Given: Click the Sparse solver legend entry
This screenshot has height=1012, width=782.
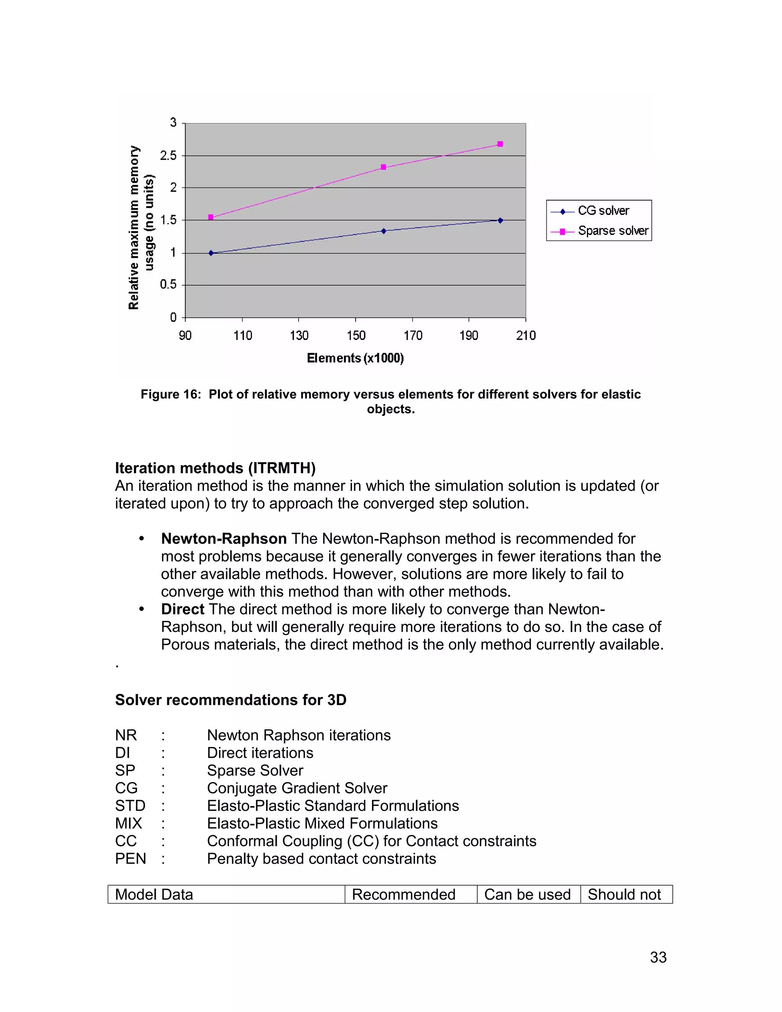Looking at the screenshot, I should [612, 231].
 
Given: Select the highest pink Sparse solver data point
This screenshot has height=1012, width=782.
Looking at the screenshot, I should [500, 144].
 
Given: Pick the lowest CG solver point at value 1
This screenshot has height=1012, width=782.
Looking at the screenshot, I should [211, 253].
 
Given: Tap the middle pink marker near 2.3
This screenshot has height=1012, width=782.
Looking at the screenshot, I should [383, 167].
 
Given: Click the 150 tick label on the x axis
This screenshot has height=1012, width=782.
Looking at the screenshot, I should [356, 335].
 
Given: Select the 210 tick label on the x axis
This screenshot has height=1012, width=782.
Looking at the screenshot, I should [526, 335].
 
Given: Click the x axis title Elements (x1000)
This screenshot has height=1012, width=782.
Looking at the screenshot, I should [355, 358].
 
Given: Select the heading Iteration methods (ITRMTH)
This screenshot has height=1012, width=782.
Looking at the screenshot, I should [215, 468].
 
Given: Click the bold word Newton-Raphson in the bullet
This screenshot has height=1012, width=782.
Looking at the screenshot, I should [224, 538].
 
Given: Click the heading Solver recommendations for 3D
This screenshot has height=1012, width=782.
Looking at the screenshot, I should [231, 700].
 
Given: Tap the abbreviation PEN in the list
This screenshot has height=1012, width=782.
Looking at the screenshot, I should [130, 858].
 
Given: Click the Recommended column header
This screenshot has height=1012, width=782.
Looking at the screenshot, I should [404, 894].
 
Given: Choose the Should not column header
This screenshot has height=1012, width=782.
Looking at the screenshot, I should [624, 894].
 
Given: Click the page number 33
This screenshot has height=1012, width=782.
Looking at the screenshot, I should [658, 957].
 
